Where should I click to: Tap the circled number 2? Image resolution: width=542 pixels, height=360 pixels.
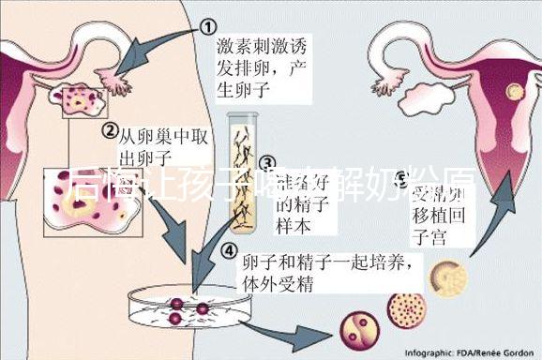coord(111,130)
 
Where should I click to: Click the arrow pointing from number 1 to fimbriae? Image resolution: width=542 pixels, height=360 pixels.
coord(155,47)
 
